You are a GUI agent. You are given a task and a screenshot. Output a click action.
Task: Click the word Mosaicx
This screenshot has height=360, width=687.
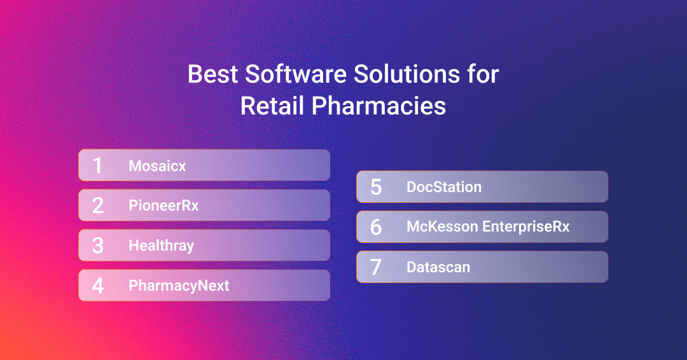157,166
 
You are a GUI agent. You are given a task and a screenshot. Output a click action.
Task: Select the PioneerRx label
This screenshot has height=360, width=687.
163,205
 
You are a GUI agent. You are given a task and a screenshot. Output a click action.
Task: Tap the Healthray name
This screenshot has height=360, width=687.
161,246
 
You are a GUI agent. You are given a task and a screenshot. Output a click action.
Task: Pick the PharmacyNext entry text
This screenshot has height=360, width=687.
179,286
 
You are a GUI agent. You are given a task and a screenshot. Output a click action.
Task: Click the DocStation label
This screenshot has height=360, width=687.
444,187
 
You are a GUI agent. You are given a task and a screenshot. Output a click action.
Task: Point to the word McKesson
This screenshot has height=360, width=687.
442,226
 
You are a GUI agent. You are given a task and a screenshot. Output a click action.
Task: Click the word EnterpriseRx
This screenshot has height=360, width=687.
526,227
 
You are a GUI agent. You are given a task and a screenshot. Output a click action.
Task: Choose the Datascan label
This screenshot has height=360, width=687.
438,267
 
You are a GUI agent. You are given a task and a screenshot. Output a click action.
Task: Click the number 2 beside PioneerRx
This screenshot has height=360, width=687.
98,205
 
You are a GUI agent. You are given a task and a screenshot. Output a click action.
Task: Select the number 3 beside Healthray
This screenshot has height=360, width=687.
98,246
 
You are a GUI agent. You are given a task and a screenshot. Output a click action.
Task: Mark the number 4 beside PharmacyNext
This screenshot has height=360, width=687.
98,286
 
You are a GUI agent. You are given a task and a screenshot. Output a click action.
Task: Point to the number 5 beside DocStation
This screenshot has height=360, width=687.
376,187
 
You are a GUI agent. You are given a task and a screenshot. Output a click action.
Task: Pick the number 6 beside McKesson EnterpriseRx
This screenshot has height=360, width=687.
376,227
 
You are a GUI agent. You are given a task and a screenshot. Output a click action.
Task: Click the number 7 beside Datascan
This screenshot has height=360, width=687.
376,267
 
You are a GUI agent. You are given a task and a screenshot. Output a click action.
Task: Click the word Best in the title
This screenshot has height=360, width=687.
213,74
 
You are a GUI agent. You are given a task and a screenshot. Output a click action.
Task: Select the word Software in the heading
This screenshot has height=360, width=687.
296,74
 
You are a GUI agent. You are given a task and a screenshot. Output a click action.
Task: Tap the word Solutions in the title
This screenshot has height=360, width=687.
406,74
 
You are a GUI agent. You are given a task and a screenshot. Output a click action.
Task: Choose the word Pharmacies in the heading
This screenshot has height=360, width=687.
378,106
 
